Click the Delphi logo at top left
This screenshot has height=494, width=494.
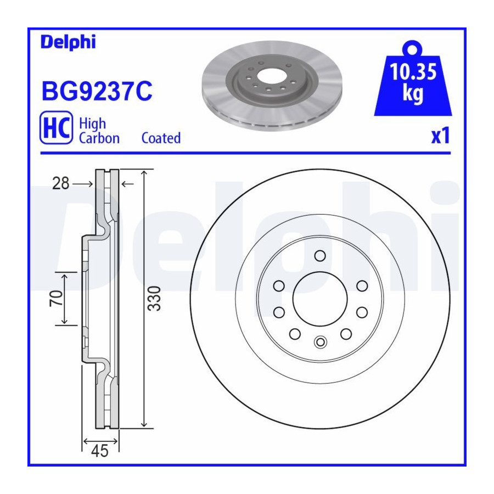coord(68,42)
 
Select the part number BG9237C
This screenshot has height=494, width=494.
coord(97,91)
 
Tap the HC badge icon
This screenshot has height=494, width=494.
coord(57,127)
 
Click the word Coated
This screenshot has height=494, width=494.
coord(161,138)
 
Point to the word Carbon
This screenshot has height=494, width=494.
coord(99,138)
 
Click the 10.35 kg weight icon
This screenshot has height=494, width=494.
coord(413,78)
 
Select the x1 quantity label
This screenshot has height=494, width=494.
coord(440,136)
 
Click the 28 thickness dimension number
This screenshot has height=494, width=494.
coord(61,183)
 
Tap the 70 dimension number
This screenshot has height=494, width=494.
coord(56,299)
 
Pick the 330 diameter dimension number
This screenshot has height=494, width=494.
coord(154,299)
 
